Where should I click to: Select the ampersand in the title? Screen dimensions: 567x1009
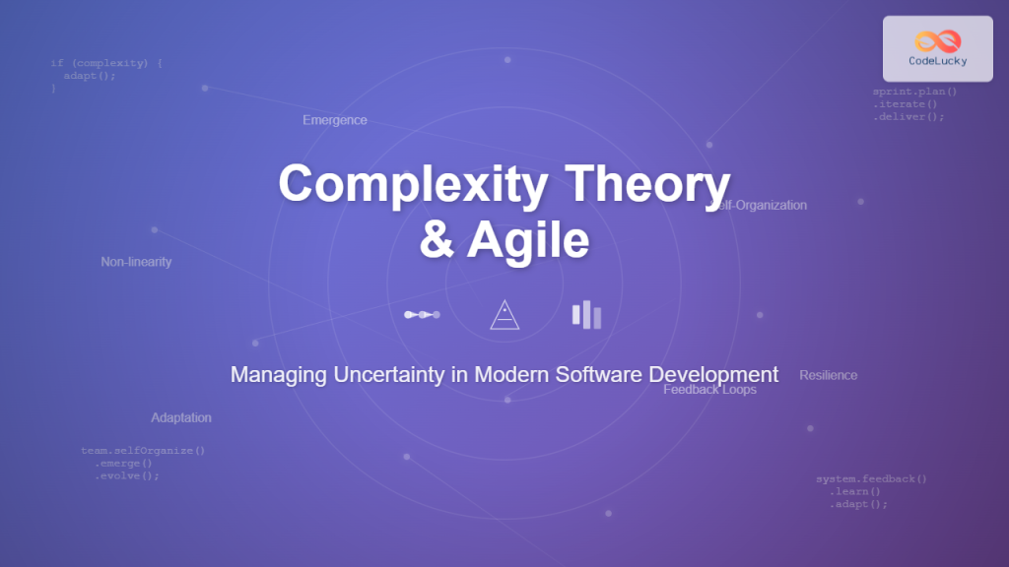coord(437,241)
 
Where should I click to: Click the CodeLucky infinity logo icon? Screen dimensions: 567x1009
coord(937,40)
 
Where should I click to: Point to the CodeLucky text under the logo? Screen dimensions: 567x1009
coord(937,61)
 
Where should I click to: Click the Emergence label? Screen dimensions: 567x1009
coord(335,120)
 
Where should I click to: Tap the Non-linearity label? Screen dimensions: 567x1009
coord(136,262)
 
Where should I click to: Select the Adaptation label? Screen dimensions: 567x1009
coord(181,417)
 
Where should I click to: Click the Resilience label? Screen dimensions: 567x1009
coord(829,375)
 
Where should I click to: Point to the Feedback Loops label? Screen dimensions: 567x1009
coord(710,390)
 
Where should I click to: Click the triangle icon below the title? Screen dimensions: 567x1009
coord(504,315)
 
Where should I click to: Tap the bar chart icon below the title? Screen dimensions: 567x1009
coord(586,315)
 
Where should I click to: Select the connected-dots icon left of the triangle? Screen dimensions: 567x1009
coord(422,315)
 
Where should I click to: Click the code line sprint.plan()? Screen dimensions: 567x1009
coord(914,92)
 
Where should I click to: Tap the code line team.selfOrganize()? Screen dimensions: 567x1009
coord(143,451)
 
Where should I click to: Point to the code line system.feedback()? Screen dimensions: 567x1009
coord(871,479)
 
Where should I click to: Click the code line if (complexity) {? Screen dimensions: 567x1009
coord(106,63)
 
